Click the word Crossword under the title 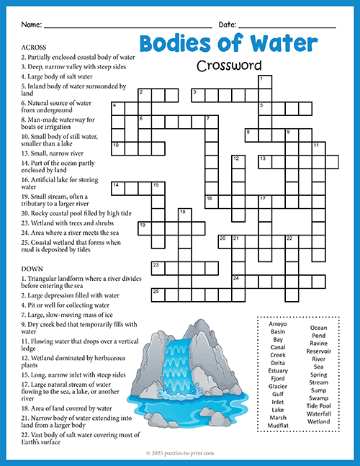click(228, 66)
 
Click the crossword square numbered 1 click(264, 81)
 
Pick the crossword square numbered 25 click(158, 292)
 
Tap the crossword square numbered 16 click(211, 200)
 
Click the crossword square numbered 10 click(117, 147)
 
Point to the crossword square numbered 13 click(264, 160)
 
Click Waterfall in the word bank click(318, 413)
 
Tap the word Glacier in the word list click(278, 386)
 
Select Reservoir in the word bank click(318, 351)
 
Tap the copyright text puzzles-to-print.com click(180, 453)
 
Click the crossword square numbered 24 click(238, 278)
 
